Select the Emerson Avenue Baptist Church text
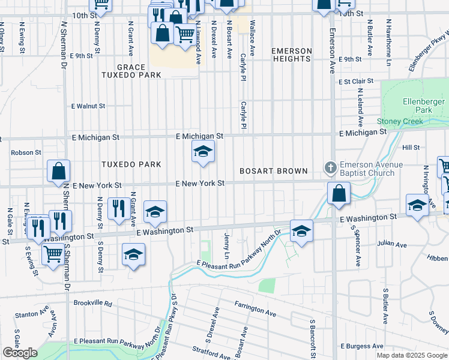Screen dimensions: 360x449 click(367, 169)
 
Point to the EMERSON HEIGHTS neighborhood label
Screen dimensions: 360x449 click(292, 55)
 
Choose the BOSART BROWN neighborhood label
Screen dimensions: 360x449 click(273, 171)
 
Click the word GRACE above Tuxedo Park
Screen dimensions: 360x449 click(131, 67)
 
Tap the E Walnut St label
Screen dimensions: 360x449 click(88, 106)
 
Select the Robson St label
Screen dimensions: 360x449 click(26, 153)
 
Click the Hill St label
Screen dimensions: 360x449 click(411, 147)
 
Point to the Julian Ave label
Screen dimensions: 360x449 click(392, 244)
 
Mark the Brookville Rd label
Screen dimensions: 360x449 click(93, 304)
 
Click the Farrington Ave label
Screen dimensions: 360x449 click(255, 310)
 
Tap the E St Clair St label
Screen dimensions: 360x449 click(355, 81)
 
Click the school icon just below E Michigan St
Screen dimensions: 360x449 click(203, 152)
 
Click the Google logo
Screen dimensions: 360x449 click(19, 353)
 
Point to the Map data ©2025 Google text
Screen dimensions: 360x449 click(411, 355)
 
